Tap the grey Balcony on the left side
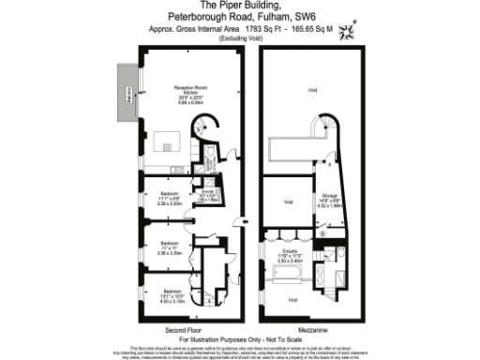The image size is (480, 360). [127, 93]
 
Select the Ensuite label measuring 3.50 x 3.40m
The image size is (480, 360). [285, 255]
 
